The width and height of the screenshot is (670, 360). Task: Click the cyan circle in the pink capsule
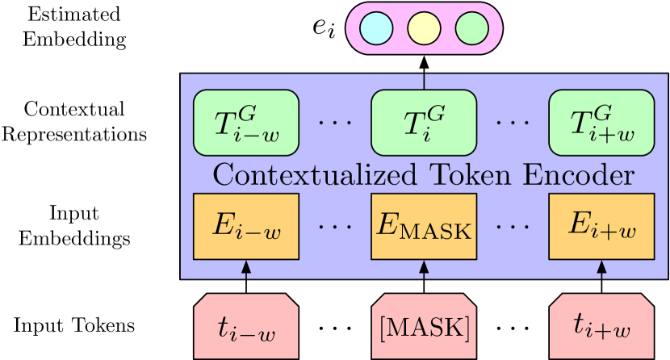[x=376, y=29]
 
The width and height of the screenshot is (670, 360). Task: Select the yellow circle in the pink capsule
[x=424, y=29]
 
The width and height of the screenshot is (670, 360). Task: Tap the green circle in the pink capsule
[x=471, y=29]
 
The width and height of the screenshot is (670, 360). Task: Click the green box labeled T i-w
[x=246, y=123]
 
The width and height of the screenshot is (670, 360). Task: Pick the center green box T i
[x=424, y=123]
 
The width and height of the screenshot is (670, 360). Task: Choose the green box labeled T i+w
[x=601, y=123]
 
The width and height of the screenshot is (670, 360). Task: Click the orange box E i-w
[x=246, y=227]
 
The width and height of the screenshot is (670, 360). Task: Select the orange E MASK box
[x=424, y=227]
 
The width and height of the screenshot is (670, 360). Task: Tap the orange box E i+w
[x=601, y=227]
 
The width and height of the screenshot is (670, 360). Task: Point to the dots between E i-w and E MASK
[x=334, y=227]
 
